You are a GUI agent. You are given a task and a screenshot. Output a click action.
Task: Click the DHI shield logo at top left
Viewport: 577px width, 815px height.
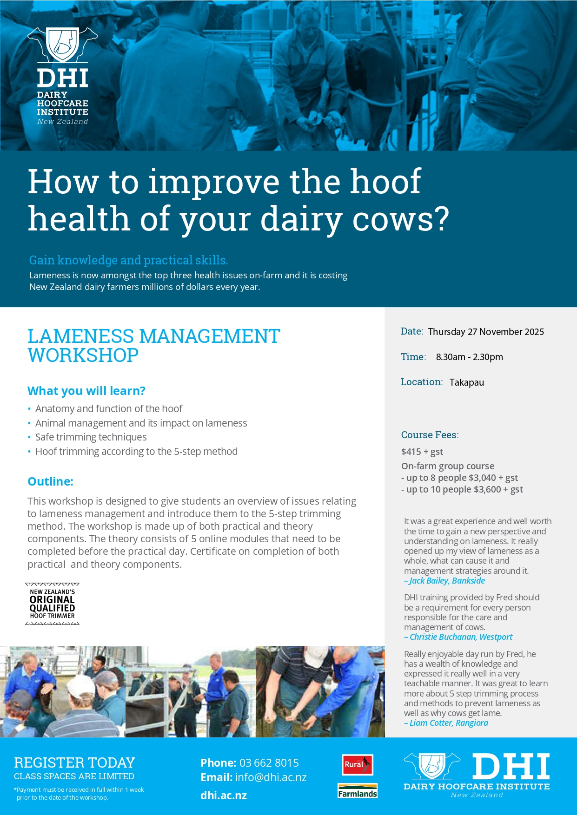point(62,45)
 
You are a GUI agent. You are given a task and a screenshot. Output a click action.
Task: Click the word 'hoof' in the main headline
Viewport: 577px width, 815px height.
point(385,181)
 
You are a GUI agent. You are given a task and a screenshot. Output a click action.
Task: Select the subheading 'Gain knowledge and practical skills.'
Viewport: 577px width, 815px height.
point(128,260)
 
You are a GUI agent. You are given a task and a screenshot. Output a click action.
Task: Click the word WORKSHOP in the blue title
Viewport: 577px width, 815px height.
point(83,355)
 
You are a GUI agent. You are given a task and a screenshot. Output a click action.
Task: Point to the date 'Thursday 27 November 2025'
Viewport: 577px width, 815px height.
point(486,332)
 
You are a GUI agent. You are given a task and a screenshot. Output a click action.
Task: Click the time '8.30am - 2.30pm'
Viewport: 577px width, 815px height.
point(469,357)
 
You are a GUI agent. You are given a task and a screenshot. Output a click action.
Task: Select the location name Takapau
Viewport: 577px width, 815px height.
point(466,382)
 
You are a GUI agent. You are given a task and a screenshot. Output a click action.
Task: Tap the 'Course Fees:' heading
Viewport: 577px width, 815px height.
point(430,435)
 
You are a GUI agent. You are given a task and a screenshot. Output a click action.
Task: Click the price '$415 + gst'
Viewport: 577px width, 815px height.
point(422,452)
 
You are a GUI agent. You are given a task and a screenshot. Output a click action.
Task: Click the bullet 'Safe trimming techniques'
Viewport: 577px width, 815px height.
point(91,437)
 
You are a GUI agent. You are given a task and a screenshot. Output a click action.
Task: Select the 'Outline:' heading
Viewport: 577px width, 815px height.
point(50,481)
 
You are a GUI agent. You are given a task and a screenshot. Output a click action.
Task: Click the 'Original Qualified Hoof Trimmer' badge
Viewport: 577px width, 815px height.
point(52,604)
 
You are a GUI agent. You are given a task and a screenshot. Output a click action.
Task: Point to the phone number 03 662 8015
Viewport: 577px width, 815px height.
point(269,763)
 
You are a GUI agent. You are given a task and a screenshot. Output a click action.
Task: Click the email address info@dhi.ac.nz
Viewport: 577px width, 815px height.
point(271,777)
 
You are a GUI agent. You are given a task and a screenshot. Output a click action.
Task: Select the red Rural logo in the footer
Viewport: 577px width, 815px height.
point(357,765)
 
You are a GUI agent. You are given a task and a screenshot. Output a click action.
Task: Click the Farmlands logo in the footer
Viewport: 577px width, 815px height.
point(358,791)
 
